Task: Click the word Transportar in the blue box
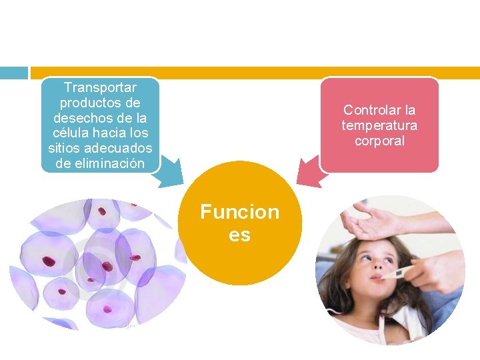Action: tap(100, 87)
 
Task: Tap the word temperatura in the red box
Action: tap(379, 125)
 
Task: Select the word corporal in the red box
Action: tap(379, 141)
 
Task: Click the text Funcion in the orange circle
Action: tap(240, 212)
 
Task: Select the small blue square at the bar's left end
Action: tap(13, 73)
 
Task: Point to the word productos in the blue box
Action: tap(100, 103)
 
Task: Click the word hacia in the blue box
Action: tap(113, 133)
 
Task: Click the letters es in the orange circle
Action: tap(240, 235)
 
